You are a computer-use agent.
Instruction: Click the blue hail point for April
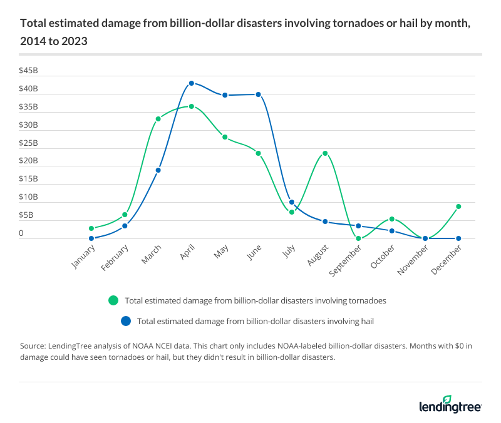point(192,83)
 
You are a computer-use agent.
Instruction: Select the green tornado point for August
point(325,153)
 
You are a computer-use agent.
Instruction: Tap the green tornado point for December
point(458,206)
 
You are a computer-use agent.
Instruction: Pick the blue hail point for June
point(258,94)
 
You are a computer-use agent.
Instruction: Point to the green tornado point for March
point(158,119)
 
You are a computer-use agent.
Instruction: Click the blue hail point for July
point(292,202)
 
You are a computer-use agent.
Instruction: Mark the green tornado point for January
point(91,228)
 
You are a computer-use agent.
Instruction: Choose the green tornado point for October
point(392,219)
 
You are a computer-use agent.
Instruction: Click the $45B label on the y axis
point(28,71)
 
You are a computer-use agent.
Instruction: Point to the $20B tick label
point(28,161)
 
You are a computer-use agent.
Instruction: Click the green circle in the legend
point(113,300)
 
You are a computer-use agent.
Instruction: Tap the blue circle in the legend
point(126,321)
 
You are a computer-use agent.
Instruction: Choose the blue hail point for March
point(158,170)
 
